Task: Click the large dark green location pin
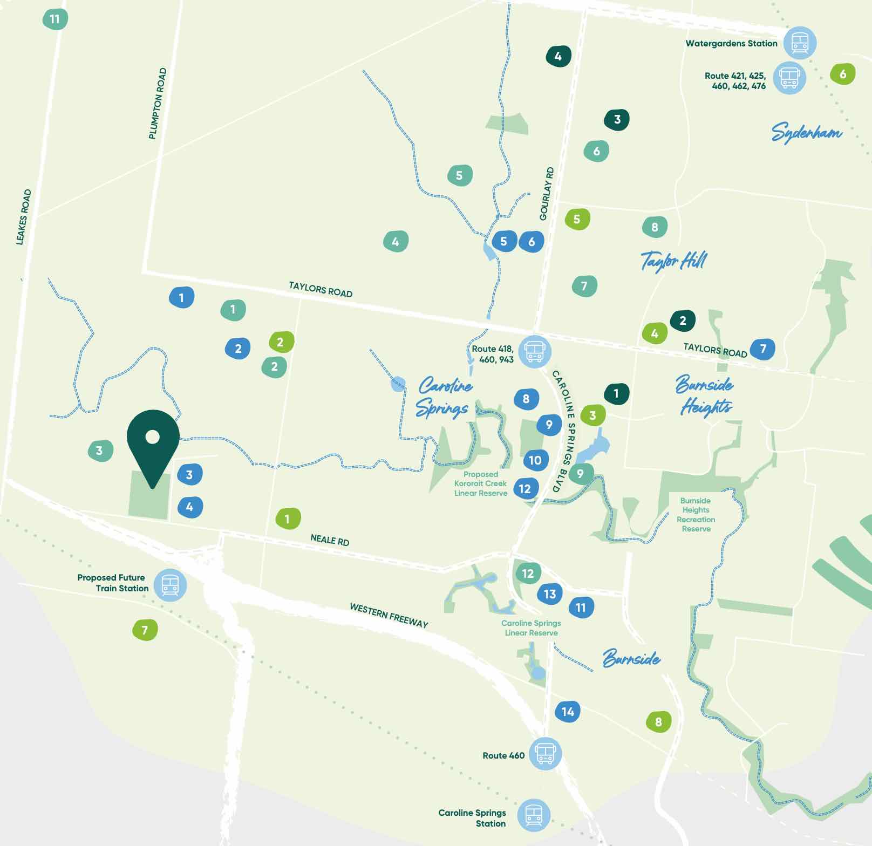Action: coord(153,442)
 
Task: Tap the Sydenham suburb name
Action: coord(806,132)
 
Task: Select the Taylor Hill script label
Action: coord(673,261)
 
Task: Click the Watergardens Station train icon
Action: coord(800,43)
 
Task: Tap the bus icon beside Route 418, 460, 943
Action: coord(535,351)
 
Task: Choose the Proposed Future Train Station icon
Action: coord(170,585)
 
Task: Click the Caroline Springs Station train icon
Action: coord(534,815)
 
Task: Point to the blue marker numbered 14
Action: coord(568,712)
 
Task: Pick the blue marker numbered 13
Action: coord(549,594)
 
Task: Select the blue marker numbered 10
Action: coord(535,460)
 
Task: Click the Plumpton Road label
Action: coord(158,103)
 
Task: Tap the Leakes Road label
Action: coord(24,217)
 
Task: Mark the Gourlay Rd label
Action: coord(547,194)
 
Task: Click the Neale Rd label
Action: coord(330,540)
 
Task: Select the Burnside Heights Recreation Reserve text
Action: coord(696,515)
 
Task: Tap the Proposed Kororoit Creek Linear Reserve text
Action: coord(480,483)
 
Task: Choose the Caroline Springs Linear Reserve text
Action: coord(531,628)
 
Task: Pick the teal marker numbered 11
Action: coord(55,19)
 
